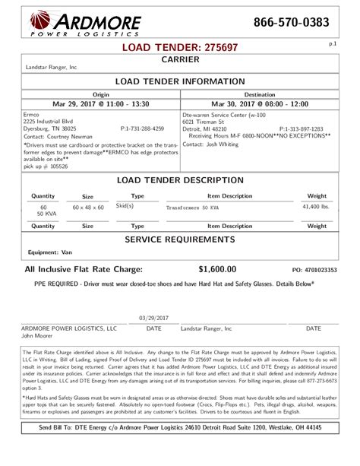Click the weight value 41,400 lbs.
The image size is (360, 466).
point(316,207)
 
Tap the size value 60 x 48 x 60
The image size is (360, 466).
point(87,208)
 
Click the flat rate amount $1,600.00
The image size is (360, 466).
point(217,269)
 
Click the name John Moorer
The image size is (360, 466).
point(36,335)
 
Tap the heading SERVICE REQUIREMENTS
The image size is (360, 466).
point(180,239)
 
